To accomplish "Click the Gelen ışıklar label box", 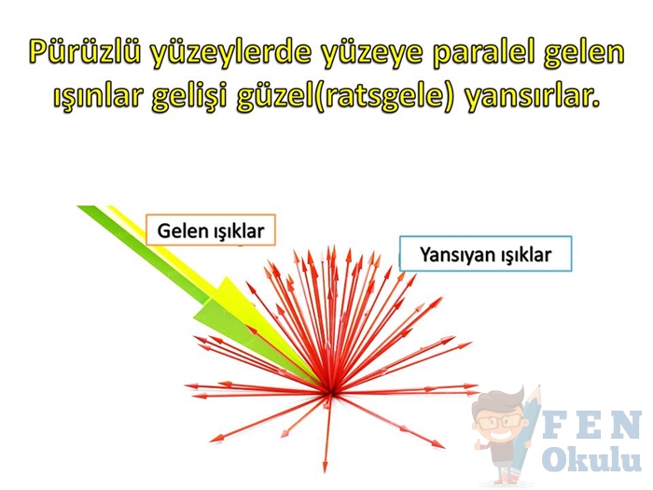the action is [211, 230].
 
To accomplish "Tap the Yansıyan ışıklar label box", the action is [486, 254].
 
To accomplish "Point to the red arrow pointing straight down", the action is [327, 433].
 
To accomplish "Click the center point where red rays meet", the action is [330, 392].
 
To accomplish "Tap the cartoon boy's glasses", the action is [500, 421].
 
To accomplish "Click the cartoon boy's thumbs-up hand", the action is [479, 442].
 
